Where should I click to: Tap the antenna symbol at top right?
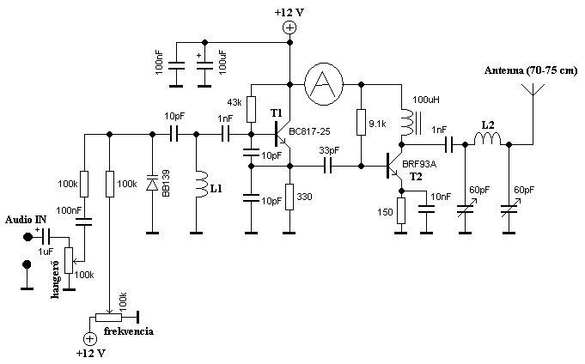[x=533, y=89]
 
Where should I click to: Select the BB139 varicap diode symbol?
[x=152, y=183]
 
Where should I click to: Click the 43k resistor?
[x=251, y=109]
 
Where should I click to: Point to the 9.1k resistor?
[x=361, y=122]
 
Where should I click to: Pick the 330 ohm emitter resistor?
[x=289, y=197]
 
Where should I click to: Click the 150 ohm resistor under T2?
[x=401, y=210]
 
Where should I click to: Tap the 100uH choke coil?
[x=406, y=121]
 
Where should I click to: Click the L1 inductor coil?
[x=200, y=185]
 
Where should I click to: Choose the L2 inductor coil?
[x=488, y=139]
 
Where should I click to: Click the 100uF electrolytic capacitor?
[x=204, y=66]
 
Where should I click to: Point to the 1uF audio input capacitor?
[x=46, y=236]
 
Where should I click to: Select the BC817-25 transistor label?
[x=309, y=131]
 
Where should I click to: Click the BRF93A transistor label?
[x=419, y=164]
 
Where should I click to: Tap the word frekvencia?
[x=128, y=331]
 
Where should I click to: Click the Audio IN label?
[x=26, y=220]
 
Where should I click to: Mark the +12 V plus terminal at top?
[x=289, y=27]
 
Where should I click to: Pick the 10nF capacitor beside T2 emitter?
[x=426, y=209]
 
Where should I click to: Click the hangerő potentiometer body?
[x=69, y=260]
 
